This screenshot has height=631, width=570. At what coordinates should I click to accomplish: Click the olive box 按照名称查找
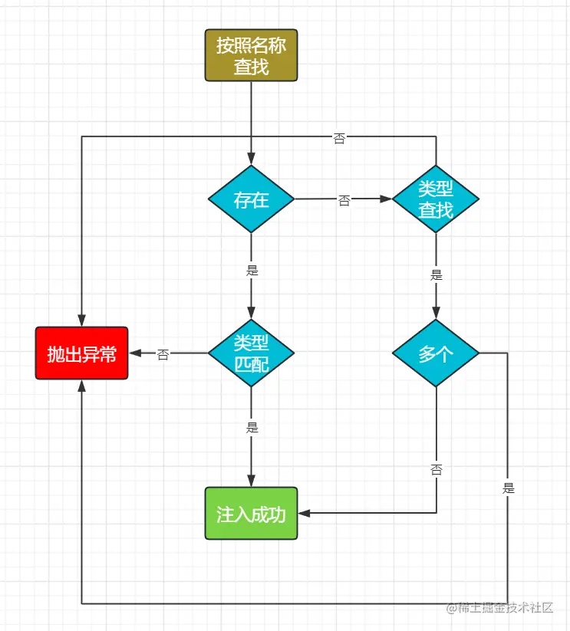coord(251,55)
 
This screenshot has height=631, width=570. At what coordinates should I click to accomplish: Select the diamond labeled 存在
coord(251,199)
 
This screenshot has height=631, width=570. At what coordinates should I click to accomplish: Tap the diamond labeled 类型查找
coord(436,199)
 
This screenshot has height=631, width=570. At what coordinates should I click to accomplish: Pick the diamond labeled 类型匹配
coord(251,353)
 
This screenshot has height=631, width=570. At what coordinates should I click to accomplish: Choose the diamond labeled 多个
coord(436,353)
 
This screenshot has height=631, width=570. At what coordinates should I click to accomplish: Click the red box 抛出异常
coord(81,353)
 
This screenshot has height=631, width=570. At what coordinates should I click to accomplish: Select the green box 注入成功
coord(251,513)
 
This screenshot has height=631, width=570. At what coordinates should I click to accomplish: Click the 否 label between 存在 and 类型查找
coord(344,201)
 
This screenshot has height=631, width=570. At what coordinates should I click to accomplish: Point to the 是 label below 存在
coord(252,270)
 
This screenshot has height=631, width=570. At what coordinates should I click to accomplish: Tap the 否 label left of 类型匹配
coord(163,355)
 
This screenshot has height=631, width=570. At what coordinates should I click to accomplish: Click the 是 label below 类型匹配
coord(252,428)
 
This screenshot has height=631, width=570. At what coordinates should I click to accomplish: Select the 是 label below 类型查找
coord(437,275)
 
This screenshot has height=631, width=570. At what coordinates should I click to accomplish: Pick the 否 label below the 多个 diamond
coord(437,470)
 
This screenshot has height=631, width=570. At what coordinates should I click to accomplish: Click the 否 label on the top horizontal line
coord(339,139)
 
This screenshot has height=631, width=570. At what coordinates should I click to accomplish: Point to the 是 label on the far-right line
coord(508,488)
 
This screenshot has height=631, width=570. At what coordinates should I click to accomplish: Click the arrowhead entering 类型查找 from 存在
coord(386,199)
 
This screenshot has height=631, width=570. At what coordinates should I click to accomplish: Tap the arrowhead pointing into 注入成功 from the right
coord(304,513)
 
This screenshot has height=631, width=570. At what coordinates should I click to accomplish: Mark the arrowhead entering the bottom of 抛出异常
coord(81,386)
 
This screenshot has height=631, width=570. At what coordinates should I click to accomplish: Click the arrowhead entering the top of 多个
coord(436,312)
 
